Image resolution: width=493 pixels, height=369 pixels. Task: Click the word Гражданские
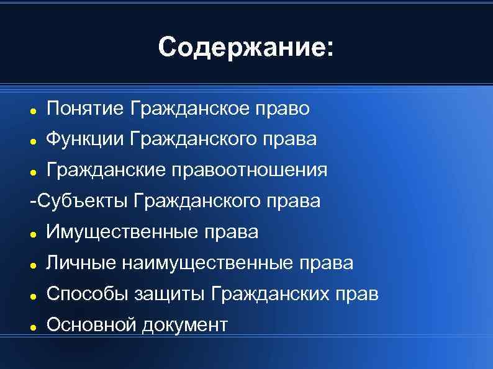tap(109, 170)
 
